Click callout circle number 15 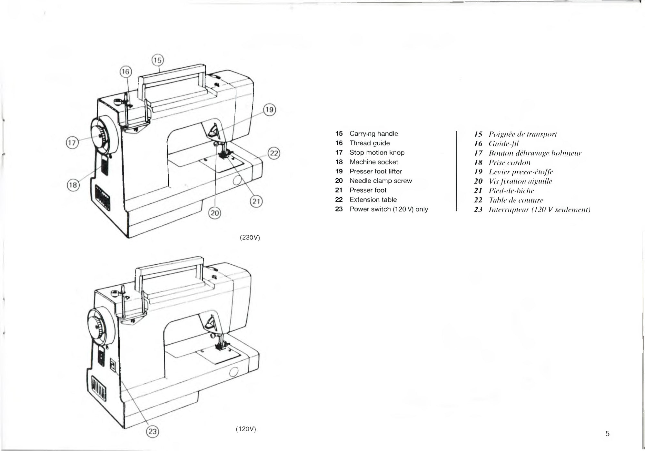(x=157, y=60)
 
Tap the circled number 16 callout (x=126, y=72)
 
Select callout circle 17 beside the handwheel (x=73, y=142)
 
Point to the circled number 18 (x=73, y=185)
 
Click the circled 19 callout (x=270, y=110)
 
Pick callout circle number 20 (x=215, y=213)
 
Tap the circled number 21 (x=256, y=202)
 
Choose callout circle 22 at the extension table (x=274, y=153)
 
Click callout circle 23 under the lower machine (x=153, y=431)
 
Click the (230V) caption (x=250, y=238)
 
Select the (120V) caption (x=246, y=429)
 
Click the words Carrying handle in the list (x=373, y=133)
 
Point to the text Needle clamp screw (x=381, y=181)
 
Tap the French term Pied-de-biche (x=511, y=191)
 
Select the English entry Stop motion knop (x=377, y=152)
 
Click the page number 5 (x=607, y=434)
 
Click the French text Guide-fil (x=503, y=143)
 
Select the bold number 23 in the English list (x=339, y=209)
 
